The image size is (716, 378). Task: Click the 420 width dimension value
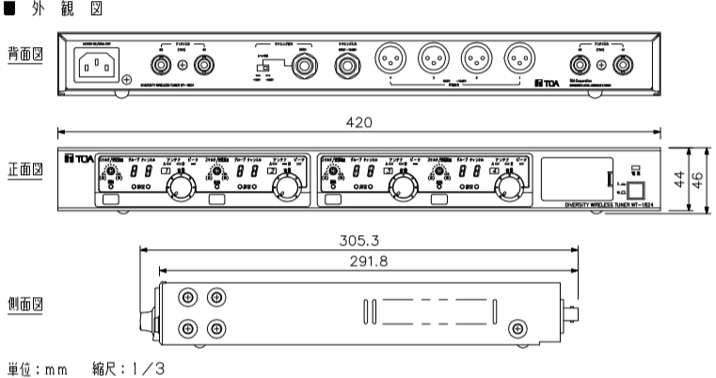click(x=358, y=122)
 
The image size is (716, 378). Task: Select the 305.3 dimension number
click(x=358, y=240)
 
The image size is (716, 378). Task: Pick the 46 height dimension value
click(x=697, y=180)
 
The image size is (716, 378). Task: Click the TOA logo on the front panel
click(x=76, y=156)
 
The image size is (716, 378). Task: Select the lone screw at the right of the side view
click(x=516, y=328)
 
